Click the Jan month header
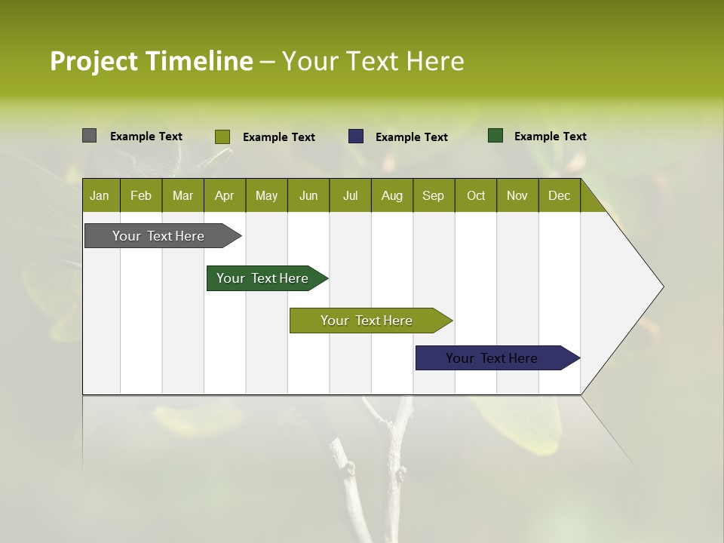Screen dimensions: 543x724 click(x=100, y=195)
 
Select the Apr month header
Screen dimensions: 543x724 click(x=225, y=195)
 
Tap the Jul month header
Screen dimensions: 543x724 click(x=350, y=195)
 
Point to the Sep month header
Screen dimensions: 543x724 click(x=433, y=195)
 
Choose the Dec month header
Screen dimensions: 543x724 click(x=559, y=195)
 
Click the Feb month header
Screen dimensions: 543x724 click(x=141, y=195)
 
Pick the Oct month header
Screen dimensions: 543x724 click(x=476, y=195)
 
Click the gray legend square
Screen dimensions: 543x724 click(x=90, y=136)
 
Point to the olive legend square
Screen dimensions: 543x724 click(x=222, y=137)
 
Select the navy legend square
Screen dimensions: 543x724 click(x=356, y=137)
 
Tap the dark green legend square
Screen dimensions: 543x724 click(x=495, y=136)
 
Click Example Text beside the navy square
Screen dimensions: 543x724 click(x=412, y=137)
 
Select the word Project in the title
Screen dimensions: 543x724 click(x=94, y=61)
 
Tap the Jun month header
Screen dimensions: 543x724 click(x=308, y=195)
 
